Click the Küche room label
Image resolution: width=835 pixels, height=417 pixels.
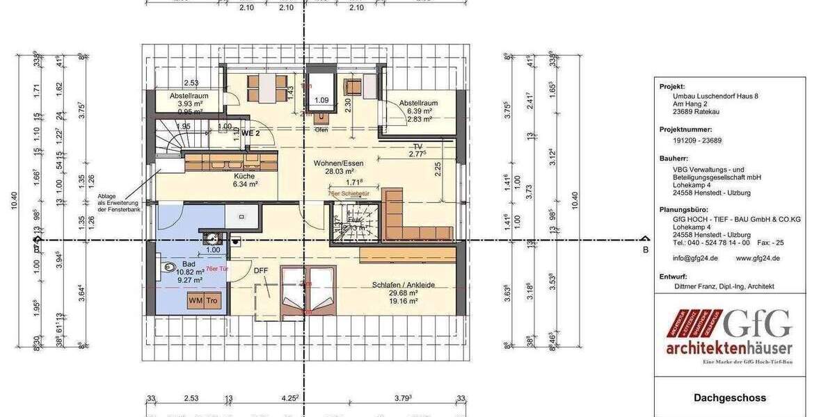point(244,176)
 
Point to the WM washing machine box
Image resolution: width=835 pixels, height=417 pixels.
point(196,301)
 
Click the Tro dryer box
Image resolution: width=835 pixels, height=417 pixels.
point(212,301)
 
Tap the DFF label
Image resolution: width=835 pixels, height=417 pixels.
point(260,271)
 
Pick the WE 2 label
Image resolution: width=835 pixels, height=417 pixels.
point(250,132)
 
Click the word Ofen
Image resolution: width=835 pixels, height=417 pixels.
point(321,129)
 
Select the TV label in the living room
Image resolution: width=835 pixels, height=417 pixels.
point(417,147)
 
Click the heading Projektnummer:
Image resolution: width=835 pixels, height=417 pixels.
point(685,129)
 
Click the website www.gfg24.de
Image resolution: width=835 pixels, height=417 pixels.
point(758,258)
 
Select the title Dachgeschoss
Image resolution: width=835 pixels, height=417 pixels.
point(730,398)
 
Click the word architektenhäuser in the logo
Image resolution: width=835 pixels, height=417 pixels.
point(730,347)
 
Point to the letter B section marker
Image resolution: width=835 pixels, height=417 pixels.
point(645,249)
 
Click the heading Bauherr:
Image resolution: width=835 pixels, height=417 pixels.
point(674,159)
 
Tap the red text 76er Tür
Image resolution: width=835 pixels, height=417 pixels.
point(218,268)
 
